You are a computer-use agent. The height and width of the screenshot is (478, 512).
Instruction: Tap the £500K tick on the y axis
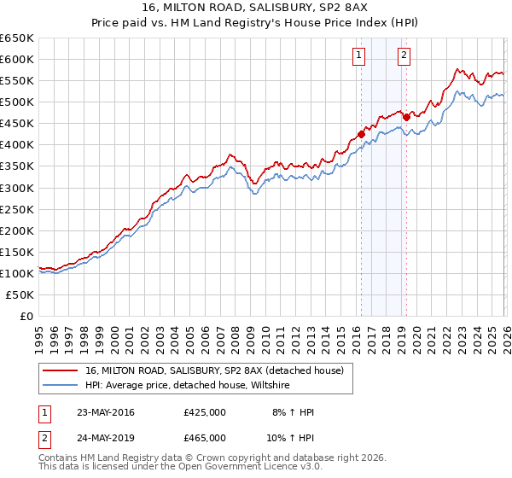17,102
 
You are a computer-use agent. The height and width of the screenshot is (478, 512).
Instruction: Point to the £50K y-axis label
20,294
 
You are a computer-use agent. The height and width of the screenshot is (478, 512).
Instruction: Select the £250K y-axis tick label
17,209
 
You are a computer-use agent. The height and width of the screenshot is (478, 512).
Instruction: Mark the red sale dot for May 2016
361,134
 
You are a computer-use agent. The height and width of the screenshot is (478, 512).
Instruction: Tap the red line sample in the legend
61,370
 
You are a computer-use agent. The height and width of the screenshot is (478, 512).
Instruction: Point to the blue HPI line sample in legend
61,385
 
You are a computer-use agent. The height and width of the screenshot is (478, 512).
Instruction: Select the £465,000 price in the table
205,436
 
